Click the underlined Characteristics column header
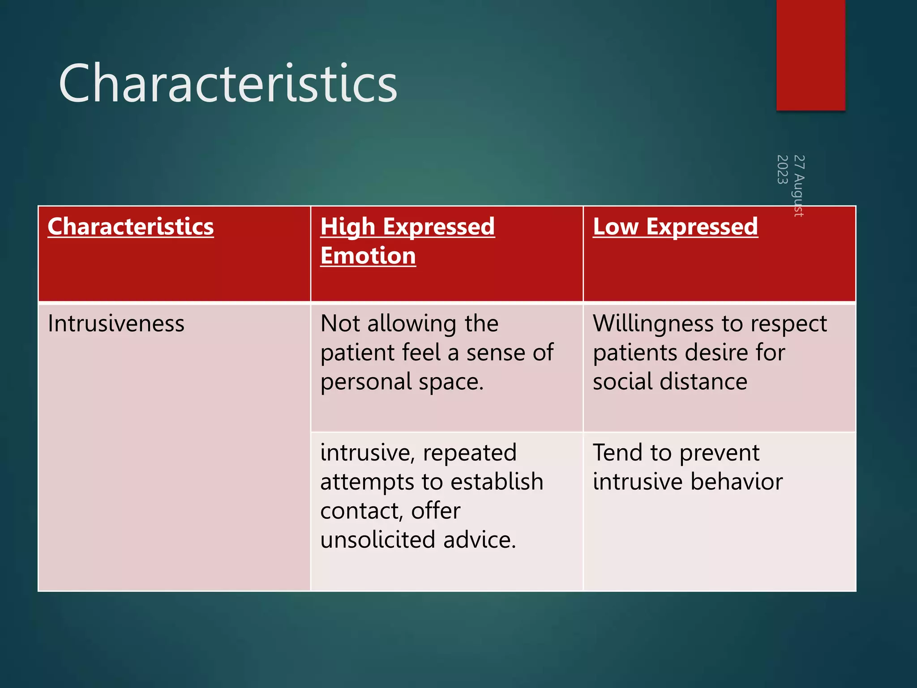131,227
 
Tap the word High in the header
347,227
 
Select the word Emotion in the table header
368,256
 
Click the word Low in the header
615,227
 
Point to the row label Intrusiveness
116,324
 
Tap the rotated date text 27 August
799,185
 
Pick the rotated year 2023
782,169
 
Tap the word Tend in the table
618,453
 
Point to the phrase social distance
670,382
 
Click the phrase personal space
402,382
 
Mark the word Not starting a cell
341,324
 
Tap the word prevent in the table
719,453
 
